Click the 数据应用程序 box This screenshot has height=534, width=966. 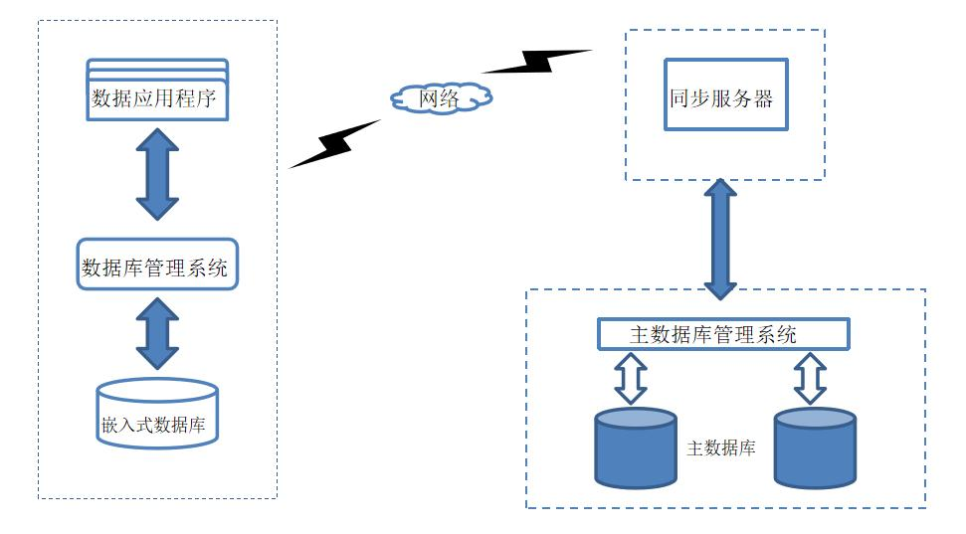(157, 98)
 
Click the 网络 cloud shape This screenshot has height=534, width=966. (441, 97)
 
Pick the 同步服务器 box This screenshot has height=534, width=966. (725, 95)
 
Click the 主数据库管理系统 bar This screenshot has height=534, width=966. (722, 334)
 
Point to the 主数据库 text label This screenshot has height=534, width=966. (721, 448)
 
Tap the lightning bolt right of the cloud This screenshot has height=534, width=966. (537, 62)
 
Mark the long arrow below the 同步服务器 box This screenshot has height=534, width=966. (720, 239)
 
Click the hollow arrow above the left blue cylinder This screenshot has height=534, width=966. (632, 378)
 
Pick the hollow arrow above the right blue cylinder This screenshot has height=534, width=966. (811, 378)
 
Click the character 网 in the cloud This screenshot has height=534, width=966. (430, 97)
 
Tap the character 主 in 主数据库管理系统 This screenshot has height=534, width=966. (641, 334)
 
